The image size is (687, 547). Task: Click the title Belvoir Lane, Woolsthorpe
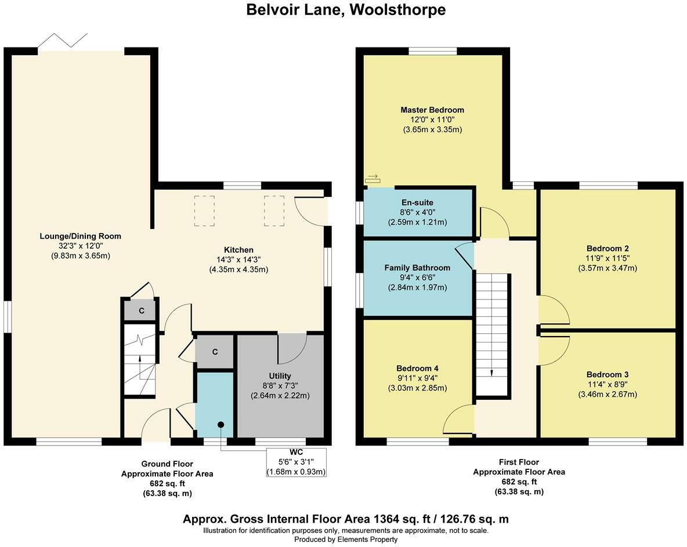346,10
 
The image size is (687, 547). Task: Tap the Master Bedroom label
432,110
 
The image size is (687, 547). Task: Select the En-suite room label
417,203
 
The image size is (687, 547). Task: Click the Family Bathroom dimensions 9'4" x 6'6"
417,278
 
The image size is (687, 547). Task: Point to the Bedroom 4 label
417,369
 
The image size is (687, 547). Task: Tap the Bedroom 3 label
608,374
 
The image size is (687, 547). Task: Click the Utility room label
280,375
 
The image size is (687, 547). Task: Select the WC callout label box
297,462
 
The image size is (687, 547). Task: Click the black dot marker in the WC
220,425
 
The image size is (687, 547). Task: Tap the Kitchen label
238,250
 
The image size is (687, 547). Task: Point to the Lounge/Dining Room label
81,236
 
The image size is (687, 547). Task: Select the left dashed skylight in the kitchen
204,210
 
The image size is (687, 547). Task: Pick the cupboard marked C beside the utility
215,352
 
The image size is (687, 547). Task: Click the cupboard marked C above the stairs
141,311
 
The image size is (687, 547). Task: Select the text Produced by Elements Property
346,539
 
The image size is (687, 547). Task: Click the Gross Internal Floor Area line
346,519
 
